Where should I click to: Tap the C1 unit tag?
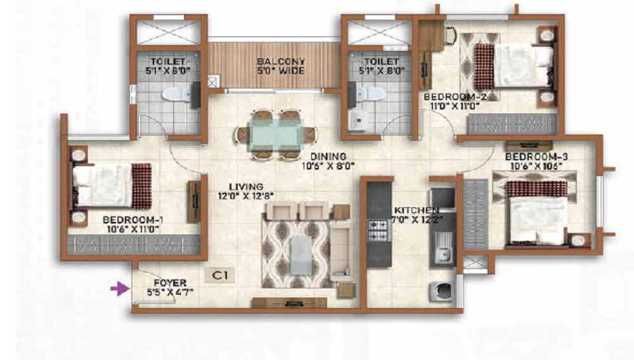[x=220, y=276]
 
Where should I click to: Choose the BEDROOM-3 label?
[x=531, y=157]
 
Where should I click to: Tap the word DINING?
[x=328, y=157]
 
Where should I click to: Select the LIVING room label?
[x=245, y=186]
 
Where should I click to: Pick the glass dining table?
[x=276, y=134]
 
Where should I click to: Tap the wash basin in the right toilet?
[x=360, y=120]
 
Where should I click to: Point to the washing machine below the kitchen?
[x=441, y=290]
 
